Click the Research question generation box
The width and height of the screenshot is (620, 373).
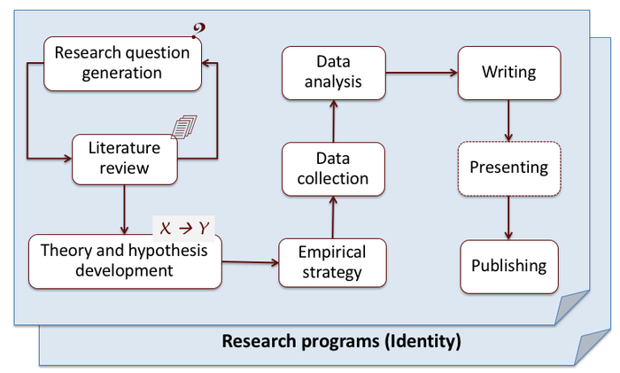tap(122, 63)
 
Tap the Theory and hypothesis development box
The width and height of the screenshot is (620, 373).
tap(124, 260)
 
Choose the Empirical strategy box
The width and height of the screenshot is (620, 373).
tap(332, 262)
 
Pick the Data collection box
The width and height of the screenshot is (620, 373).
tap(332, 168)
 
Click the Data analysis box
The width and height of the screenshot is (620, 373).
tap(332, 74)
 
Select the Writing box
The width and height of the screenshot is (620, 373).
tap(508, 72)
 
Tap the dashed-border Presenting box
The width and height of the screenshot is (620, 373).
tap(508, 167)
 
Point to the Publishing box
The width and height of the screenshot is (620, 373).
tap(508, 266)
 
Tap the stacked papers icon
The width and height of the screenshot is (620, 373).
tap(183, 128)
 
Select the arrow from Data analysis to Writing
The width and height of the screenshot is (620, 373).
tap(421, 73)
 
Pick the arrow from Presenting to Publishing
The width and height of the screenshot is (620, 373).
tap(508, 216)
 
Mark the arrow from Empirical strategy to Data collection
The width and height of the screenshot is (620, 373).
tap(333, 216)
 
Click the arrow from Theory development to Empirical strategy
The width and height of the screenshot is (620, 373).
tap(250, 262)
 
